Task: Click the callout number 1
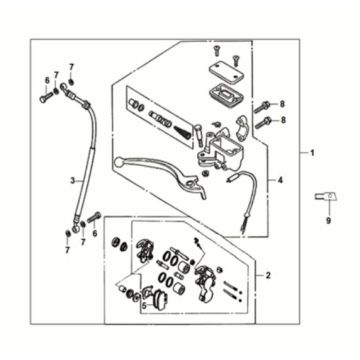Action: click(x=312, y=153)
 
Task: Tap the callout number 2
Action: click(x=268, y=275)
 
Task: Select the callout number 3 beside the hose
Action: click(x=73, y=181)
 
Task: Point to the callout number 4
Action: click(x=280, y=180)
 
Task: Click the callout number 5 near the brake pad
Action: click(x=144, y=305)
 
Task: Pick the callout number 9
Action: click(x=328, y=220)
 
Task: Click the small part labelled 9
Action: click(x=327, y=197)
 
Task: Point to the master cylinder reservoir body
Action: click(x=221, y=152)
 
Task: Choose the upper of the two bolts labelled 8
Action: click(x=262, y=107)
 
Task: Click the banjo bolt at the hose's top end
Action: click(x=46, y=97)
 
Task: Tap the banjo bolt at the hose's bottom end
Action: click(x=94, y=217)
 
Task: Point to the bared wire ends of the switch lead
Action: click(x=243, y=228)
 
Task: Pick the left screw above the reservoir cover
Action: click(x=217, y=50)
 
